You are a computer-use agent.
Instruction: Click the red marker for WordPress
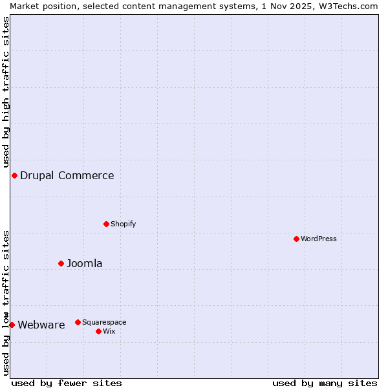pos(297,239)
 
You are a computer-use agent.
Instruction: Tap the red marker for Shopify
pos(107,224)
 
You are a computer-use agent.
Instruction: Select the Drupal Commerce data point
pos(14,175)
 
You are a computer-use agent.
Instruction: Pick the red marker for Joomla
pos(61,263)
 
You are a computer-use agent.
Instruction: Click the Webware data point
pos(12,325)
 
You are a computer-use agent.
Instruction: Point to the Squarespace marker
pos(78,322)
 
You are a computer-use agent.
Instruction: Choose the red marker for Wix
pos(98,331)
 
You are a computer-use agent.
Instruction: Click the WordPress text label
pos(319,239)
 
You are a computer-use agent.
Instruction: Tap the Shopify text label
pos(124,224)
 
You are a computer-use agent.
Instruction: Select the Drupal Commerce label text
pos(67,175)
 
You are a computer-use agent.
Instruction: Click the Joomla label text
pos(85,263)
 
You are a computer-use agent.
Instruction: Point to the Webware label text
pos(41,325)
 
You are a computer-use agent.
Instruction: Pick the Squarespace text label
pos(104,322)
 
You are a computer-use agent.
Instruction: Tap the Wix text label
pos(109,331)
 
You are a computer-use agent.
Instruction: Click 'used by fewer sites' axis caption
pos(67,383)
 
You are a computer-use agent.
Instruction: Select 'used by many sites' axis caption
pos(325,383)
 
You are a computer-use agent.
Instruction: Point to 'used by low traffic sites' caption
pos(6,303)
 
